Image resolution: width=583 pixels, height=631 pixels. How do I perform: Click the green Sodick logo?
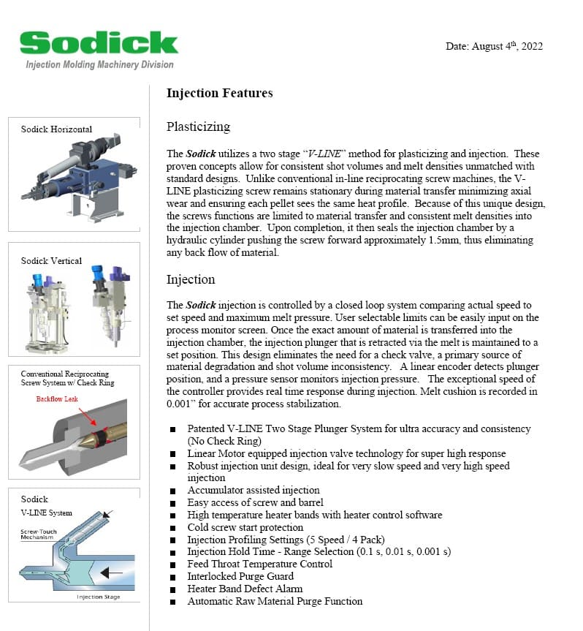[99, 43]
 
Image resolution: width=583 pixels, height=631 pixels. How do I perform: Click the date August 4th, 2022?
[494, 47]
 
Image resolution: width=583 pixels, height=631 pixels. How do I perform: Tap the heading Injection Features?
[219, 93]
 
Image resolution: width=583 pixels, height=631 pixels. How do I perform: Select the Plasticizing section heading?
[198, 126]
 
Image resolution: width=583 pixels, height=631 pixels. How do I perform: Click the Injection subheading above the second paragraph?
[191, 279]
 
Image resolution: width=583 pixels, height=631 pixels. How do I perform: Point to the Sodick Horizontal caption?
[56, 129]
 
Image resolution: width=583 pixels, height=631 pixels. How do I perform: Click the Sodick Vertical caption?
[51, 260]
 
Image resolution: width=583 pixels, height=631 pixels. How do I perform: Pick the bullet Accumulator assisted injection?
[254, 490]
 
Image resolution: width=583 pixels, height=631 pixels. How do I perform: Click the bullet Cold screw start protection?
[245, 527]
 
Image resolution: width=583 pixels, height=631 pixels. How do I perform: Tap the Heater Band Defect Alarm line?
[245, 589]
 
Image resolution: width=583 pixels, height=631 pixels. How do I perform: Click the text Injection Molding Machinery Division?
[99, 64]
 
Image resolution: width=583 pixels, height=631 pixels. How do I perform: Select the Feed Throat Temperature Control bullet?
[259, 564]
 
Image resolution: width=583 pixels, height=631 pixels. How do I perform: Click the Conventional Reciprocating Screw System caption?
[67, 378]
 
